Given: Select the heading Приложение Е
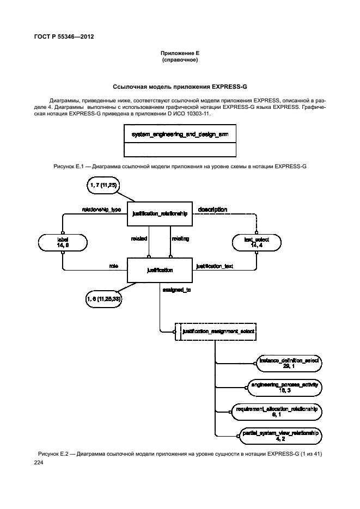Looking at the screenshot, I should coord(179,53).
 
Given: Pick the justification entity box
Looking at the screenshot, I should coord(160,270).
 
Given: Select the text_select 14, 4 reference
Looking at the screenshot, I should coord(255,242).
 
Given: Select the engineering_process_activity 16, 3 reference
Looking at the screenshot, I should coord(285,387).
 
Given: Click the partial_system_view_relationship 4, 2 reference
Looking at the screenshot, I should coord(280,434).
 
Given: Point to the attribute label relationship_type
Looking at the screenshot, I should coord(101,209).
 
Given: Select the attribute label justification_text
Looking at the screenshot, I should coord(215,266).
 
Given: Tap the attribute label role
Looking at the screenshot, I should coord(114,266).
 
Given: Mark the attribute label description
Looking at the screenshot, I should coord(212,209).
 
